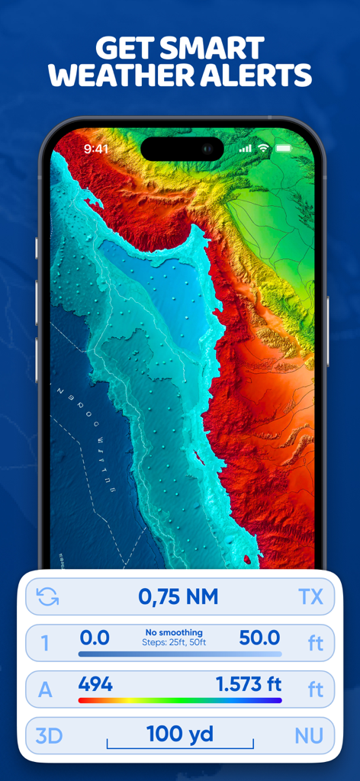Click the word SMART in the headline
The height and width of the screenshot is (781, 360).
(213, 48)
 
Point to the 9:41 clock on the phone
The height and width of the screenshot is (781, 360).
(96, 149)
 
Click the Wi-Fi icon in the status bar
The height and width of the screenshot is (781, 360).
(263, 148)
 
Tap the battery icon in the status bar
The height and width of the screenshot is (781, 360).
(284, 148)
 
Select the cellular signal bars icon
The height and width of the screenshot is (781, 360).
(245, 149)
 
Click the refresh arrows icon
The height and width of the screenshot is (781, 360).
(47, 597)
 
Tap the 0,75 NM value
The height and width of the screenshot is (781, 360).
(178, 596)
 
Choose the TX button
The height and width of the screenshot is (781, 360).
(310, 597)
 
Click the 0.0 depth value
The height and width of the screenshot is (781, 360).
(95, 638)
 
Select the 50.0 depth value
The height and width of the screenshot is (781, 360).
(259, 638)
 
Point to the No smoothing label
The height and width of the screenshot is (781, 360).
(175, 632)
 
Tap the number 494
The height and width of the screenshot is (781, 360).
(95, 684)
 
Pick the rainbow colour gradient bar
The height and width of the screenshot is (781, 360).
(180, 700)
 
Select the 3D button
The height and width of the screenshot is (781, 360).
(49, 736)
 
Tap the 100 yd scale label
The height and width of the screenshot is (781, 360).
(179, 734)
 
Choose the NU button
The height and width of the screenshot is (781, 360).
(309, 736)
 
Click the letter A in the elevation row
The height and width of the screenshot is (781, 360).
(46, 690)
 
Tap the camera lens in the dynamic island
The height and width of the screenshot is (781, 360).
(207, 149)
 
